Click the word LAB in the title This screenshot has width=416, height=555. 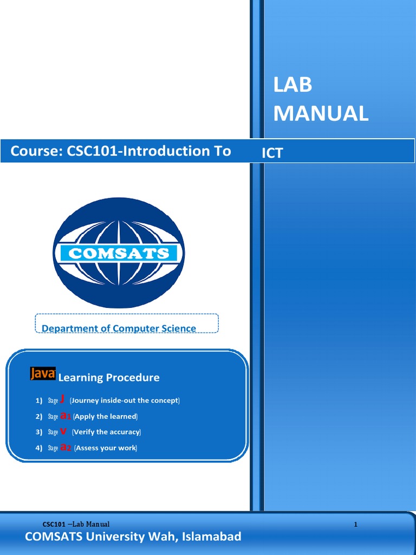293,86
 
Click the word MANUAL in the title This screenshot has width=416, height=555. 321,114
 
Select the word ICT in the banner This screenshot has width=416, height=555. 272,153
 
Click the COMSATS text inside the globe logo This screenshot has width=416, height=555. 119,253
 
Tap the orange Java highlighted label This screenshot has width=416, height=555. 43,373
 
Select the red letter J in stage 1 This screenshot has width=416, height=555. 62,399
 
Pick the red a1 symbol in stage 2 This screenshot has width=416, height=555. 66,416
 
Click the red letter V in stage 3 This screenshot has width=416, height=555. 63,431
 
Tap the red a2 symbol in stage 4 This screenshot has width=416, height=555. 66,448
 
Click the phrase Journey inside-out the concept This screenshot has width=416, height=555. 125,401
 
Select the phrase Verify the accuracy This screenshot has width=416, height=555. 106,432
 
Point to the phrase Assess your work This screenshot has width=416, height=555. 106,448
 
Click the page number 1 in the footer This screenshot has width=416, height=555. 356,524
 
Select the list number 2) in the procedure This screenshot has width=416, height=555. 38,416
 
